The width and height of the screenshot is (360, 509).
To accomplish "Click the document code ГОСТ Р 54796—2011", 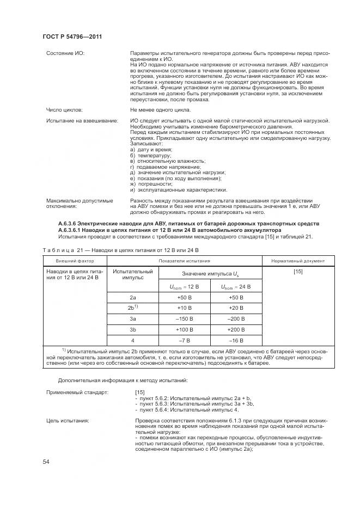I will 72,36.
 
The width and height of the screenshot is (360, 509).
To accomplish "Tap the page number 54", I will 46,462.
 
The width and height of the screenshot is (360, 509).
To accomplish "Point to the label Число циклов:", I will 64,109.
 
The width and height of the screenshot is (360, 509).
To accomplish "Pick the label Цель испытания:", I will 68,420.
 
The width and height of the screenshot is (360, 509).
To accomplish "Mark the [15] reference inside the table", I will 297,271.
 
